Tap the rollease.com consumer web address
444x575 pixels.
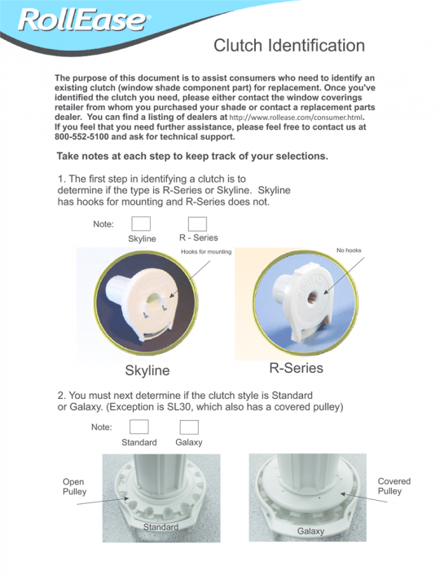point(294,117)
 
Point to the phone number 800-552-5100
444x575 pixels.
point(86,137)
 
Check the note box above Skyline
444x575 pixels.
point(141,223)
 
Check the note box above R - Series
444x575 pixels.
point(197,223)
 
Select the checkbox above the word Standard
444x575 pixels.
point(139,427)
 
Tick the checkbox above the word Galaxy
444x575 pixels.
point(189,427)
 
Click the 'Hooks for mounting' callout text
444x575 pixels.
point(205,252)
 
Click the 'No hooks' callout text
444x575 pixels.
point(348,250)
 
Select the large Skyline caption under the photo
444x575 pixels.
point(147,370)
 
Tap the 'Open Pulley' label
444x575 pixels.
point(74,487)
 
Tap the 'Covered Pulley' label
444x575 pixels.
point(394,486)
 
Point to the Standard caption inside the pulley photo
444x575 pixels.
point(160,527)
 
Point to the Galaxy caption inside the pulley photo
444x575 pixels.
point(310,531)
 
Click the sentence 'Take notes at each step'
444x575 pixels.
point(191,156)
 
